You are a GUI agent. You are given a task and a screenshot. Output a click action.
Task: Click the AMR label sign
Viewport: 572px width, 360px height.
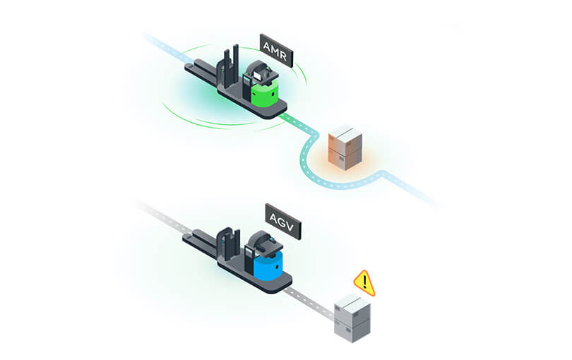[276, 50]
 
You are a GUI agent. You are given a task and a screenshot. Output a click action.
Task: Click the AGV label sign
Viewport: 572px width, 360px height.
[283, 222]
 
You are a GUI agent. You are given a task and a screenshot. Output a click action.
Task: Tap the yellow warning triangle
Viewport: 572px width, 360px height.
[364, 283]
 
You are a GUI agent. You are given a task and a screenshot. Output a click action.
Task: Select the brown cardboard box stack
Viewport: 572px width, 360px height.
[345, 148]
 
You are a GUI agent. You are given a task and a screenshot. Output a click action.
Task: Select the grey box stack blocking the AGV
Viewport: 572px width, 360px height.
[352, 318]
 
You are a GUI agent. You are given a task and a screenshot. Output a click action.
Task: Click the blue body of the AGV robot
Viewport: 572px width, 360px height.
[268, 267]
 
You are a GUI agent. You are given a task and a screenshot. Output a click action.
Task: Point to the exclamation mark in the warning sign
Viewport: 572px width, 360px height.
[364, 282]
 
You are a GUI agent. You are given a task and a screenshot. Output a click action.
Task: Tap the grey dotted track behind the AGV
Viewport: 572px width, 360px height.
[164, 217]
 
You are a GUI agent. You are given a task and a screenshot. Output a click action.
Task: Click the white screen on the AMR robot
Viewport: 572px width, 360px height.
[258, 76]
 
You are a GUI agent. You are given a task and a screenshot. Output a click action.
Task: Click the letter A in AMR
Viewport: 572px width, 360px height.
[267, 47]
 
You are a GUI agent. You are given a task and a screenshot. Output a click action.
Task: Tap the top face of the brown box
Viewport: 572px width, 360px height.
[345, 131]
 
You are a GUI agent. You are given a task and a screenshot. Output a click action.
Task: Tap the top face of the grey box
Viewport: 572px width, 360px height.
[352, 302]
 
